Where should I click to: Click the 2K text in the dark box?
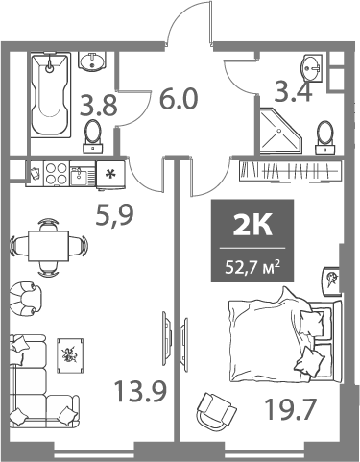(x=253, y=228)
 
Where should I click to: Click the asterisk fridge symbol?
(x=108, y=175)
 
